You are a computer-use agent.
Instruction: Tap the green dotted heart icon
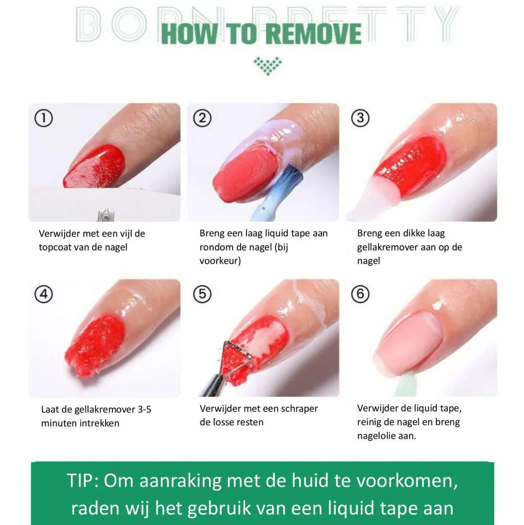coord(267,66)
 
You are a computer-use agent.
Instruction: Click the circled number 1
coord(44,118)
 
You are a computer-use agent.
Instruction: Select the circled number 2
coord(202,118)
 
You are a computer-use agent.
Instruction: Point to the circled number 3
coord(360,118)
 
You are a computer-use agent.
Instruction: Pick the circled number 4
coord(44,294)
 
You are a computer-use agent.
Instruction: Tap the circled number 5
coord(202,294)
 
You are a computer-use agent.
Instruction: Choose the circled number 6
coord(360,294)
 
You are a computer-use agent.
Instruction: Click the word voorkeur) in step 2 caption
coord(220,261)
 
